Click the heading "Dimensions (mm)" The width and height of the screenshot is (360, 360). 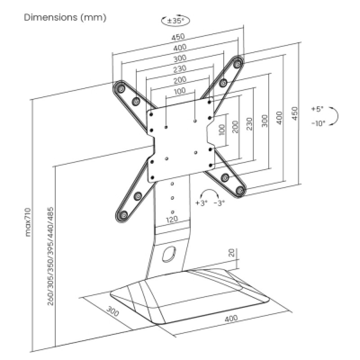[x=65, y=18]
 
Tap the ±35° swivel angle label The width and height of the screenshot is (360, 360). [x=175, y=21]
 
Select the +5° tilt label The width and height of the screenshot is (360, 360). [x=317, y=109]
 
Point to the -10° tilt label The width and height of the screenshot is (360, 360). [x=319, y=123]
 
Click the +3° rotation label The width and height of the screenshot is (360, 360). [x=201, y=203]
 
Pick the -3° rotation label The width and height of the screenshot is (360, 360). [x=219, y=203]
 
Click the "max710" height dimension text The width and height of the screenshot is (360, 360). [x=28, y=222]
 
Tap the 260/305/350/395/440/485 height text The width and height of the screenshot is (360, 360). [x=50, y=256]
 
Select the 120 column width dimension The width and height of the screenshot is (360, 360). [x=172, y=219]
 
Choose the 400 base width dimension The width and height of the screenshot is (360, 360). [x=231, y=319]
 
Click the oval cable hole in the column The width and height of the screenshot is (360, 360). [x=169, y=254]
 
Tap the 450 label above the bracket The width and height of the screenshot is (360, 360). [x=178, y=37]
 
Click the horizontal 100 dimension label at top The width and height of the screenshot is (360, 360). [x=180, y=91]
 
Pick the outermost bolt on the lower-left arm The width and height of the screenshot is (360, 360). [x=123, y=216]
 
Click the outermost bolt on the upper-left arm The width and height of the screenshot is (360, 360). [x=120, y=88]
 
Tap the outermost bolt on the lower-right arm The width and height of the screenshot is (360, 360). [x=240, y=190]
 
